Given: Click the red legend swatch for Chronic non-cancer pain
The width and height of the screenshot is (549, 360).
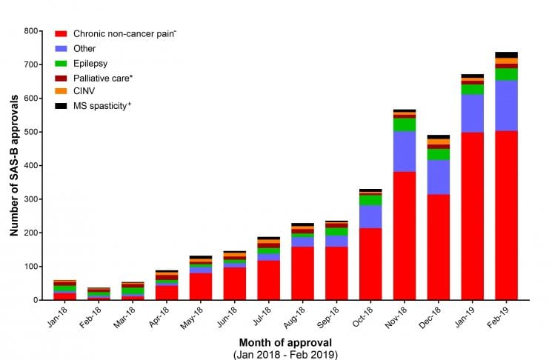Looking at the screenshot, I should click(x=61, y=34).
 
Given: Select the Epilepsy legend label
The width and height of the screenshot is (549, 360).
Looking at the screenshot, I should click(x=90, y=63).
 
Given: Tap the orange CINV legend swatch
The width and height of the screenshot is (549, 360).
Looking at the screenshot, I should click(x=61, y=92).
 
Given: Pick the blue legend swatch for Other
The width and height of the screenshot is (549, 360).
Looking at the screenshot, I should click(x=61, y=48).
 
